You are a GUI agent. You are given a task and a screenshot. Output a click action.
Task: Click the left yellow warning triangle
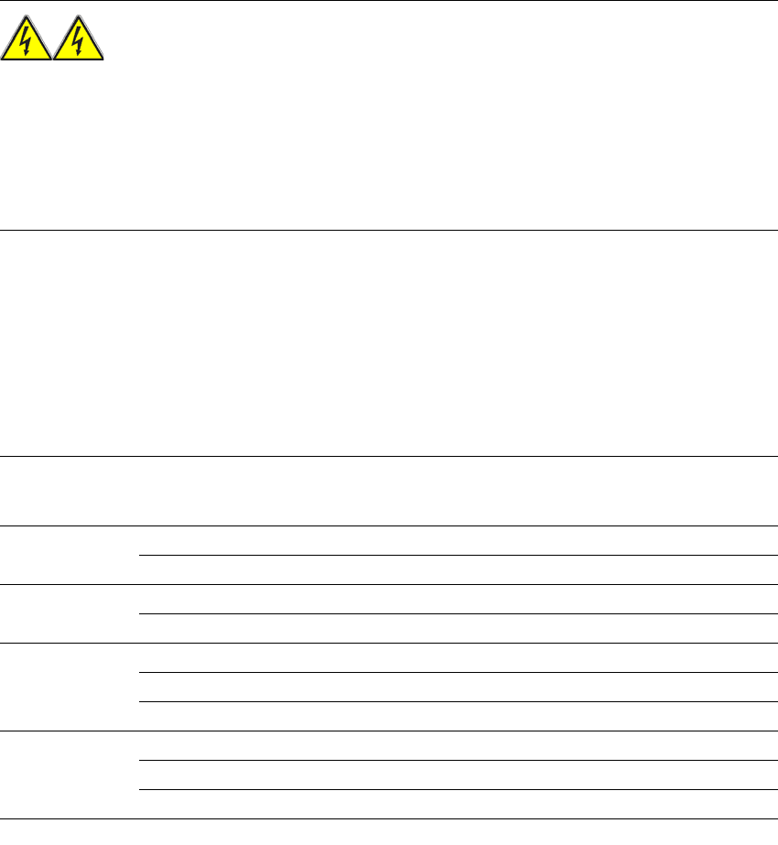(x=27, y=46)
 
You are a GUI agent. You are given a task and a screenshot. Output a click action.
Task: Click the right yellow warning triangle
(x=79, y=46)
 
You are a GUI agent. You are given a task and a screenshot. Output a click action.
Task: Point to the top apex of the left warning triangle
(x=27, y=17)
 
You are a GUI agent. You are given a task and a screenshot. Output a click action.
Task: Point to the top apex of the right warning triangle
(x=79, y=17)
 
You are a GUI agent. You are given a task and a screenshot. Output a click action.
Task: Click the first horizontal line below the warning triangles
(x=389, y=230)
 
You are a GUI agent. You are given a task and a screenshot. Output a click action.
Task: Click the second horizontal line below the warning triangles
(x=389, y=456)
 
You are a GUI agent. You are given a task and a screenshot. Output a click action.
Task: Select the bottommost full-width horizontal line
(x=389, y=818)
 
